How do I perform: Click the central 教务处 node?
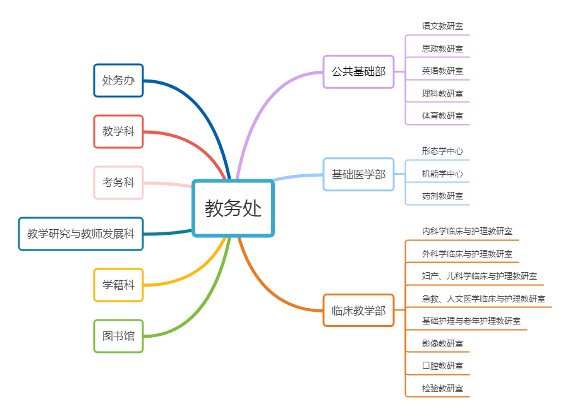click(x=233, y=208)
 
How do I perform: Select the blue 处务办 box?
click(x=118, y=80)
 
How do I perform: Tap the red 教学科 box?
click(x=118, y=131)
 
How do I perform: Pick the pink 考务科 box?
click(x=118, y=182)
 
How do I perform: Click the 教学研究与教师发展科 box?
click(x=81, y=234)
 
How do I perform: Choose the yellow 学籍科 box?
click(x=118, y=285)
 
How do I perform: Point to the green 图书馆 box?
click(x=118, y=336)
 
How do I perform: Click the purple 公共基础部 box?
click(x=358, y=71)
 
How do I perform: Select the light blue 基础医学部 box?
click(x=358, y=174)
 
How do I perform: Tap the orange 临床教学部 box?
click(x=358, y=310)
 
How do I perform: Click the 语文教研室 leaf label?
click(x=442, y=26)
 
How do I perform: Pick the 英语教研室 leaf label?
click(x=442, y=71)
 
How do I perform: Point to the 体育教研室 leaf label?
click(x=442, y=116)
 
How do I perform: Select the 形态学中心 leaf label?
click(x=442, y=151)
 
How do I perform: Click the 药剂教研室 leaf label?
click(x=442, y=196)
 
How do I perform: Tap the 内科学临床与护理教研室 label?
click(x=467, y=231)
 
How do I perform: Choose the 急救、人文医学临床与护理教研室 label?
click(x=483, y=299)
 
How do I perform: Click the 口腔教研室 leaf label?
click(x=442, y=365)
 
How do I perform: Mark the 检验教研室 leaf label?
click(x=442, y=388)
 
